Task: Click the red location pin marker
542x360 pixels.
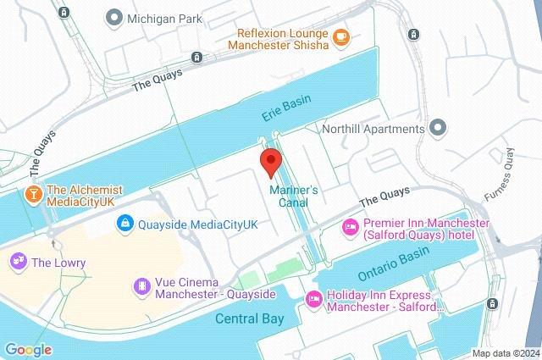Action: [270, 161]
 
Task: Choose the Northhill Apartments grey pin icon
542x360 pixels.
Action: [437, 129]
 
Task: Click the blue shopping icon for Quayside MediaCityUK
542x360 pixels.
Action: [124, 224]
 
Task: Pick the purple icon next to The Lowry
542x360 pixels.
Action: [17, 263]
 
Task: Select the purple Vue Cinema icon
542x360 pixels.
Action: [141, 287]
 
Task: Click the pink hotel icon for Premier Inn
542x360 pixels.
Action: [349, 227]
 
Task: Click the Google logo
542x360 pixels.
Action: [28, 350]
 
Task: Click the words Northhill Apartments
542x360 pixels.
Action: [373, 129]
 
